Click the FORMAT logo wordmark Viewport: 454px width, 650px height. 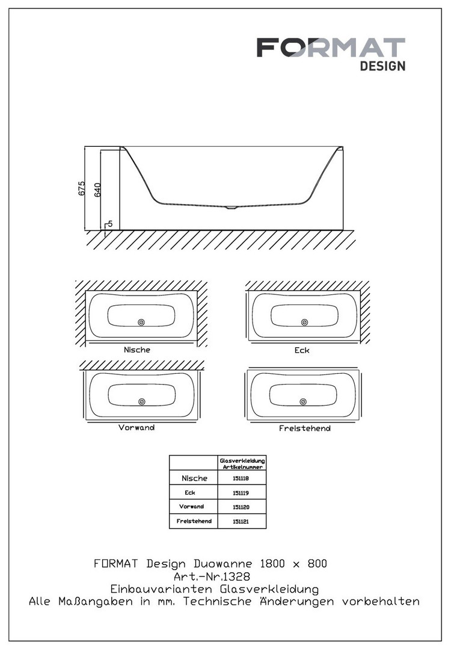pos(331,48)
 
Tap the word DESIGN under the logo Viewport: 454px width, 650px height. pos(382,66)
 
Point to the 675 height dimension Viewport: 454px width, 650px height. pos(82,188)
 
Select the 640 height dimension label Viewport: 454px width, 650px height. pos(97,190)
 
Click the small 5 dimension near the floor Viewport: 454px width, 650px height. pos(110,224)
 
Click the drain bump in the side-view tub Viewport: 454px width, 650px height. pos(230,207)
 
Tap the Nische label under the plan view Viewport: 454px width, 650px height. pos(137,350)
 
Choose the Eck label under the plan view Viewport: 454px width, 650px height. pos(302,350)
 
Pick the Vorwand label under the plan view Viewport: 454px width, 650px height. pos(137,427)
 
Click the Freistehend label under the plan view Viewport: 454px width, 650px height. pos(304,429)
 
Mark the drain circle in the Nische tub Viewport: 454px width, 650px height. pos(141,322)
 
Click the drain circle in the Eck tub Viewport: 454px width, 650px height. pos(304,322)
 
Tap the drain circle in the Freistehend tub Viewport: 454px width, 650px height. pos(303,401)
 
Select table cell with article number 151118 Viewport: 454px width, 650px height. pos(241,478)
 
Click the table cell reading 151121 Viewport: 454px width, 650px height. pos(241,521)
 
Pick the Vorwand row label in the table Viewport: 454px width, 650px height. pos(191,507)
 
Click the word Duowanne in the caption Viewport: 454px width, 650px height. pos(222,564)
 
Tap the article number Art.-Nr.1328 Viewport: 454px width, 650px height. pos(212,577)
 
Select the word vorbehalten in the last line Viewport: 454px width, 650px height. pos(381,601)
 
